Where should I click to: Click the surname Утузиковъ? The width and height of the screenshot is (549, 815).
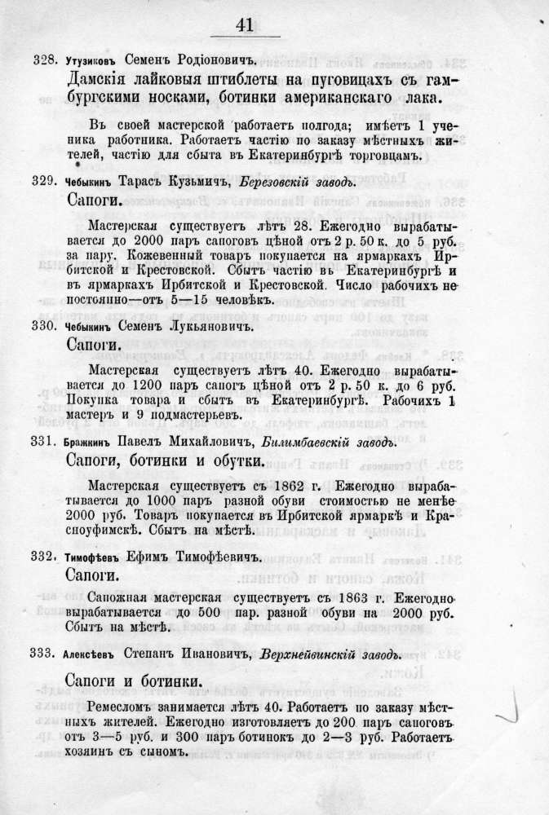click(90, 61)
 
